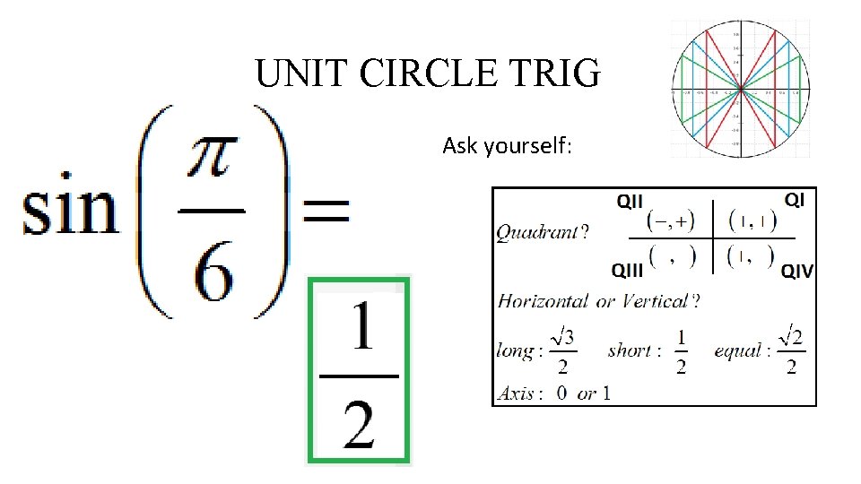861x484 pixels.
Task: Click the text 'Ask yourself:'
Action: (x=506, y=145)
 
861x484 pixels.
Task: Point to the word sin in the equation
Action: (x=70, y=212)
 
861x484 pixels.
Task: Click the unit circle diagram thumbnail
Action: (x=741, y=89)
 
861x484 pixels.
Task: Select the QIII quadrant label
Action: (x=628, y=270)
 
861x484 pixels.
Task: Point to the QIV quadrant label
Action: (x=797, y=271)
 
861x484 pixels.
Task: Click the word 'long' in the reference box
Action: (x=515, y=350)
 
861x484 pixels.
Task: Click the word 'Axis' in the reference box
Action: (x=515, y=393)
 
